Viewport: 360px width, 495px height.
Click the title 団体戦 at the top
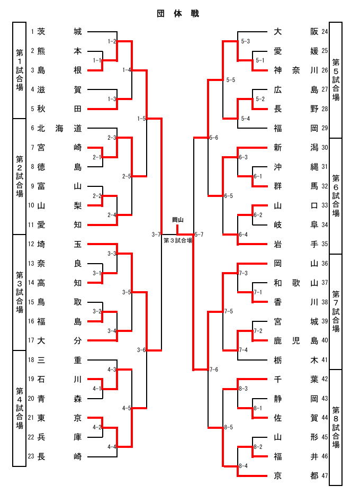point(178,14)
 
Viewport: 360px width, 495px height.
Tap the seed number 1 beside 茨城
point(32,32)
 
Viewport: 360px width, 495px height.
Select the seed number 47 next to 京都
point(325,475)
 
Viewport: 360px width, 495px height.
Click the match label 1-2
point(112,41)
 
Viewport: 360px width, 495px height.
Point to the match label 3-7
point(156,234)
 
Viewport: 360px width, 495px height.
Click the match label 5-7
point(199,234)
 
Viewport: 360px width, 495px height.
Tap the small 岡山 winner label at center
point(178,220)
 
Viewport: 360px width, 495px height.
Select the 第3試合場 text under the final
point(178,240)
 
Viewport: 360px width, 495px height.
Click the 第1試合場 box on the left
point(19,70)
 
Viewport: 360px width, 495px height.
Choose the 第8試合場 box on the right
point(336,427)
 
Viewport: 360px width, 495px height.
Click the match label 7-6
point(214,370)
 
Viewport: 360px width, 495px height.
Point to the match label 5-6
point(214,138)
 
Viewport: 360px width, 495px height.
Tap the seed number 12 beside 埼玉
point(31,244)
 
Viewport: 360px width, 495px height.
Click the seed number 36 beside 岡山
point(325,263)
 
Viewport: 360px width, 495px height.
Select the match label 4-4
point(112,447)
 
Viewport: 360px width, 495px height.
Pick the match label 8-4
point(244,466)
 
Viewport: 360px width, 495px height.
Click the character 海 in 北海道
point(59,128)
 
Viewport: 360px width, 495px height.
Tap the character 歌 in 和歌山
point(296,283)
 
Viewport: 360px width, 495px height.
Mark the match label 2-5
point(127,176)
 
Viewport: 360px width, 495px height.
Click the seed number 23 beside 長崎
point(31,456)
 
